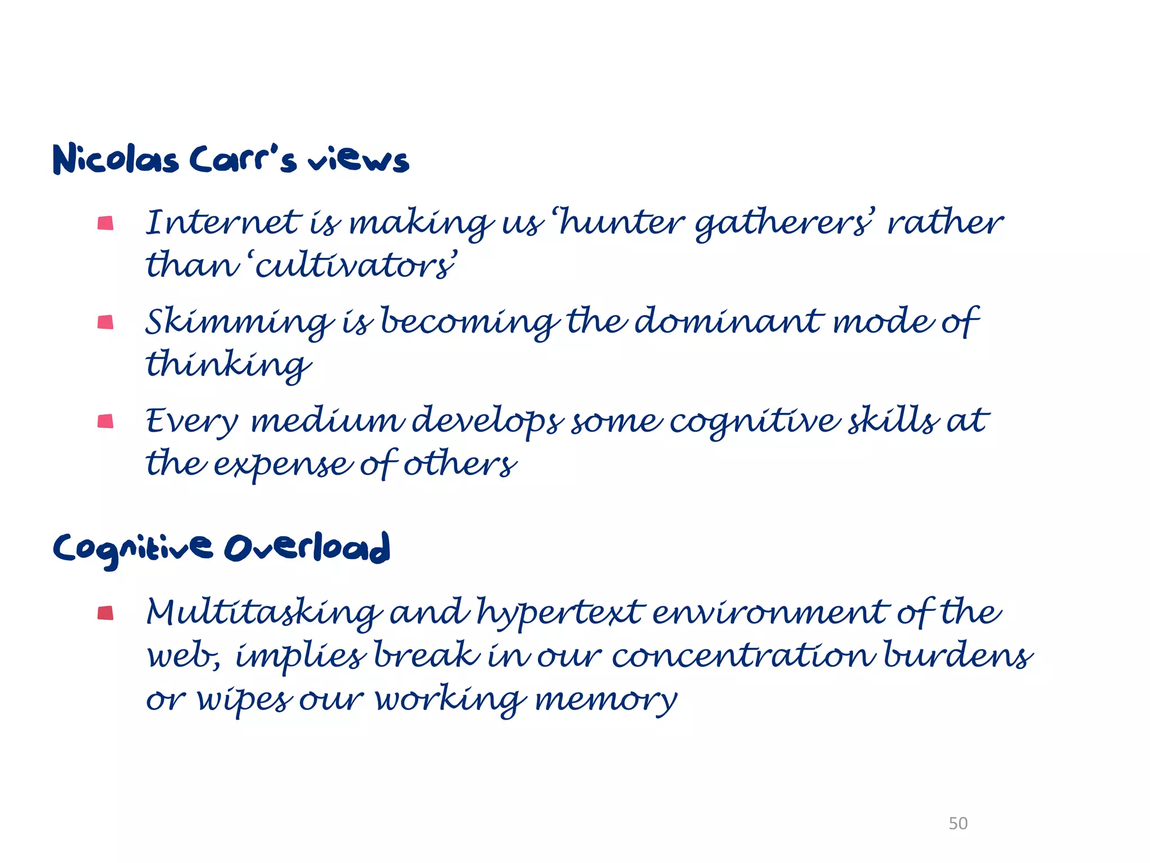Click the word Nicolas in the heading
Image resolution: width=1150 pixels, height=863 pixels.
(116, 160)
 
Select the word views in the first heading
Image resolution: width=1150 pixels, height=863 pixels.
(358, 160)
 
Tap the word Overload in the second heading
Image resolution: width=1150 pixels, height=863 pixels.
(307, 547)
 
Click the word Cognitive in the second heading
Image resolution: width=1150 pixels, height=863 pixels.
(133, 548)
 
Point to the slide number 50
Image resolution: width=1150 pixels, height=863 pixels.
(958, 823)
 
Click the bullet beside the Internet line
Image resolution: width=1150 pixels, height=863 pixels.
(106, 224)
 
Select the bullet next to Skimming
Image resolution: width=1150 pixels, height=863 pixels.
(106, 323)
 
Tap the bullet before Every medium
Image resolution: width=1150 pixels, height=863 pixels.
(106, 421)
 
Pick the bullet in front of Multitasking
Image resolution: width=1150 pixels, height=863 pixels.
(106, 612)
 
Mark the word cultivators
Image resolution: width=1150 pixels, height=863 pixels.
(355, 265)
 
